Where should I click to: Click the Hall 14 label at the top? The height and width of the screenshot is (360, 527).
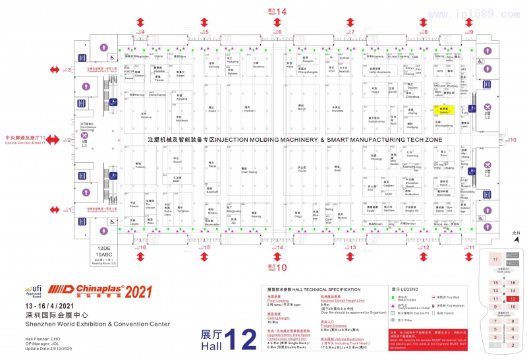[x=277, y=12]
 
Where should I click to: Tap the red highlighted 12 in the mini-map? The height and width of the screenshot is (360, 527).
[x=512, y=298]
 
